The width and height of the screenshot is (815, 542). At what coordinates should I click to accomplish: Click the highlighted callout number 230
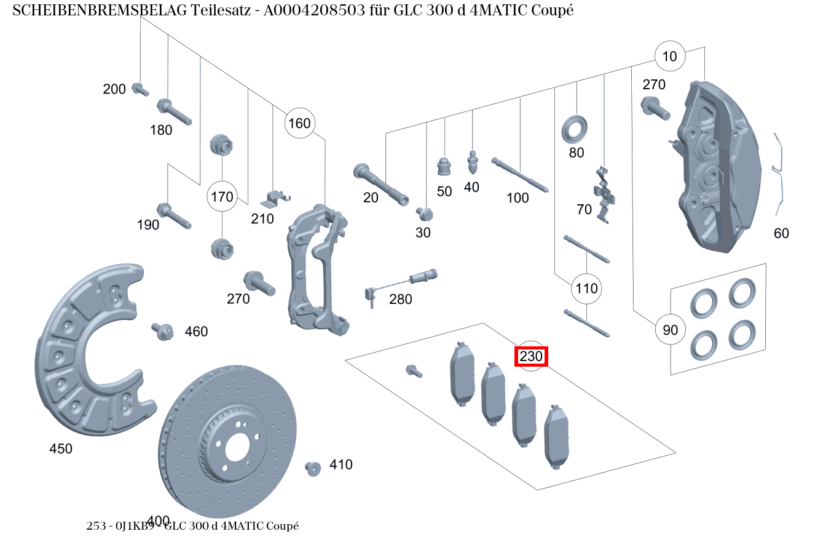[x=531, y=356]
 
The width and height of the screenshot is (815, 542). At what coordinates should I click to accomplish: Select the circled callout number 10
[x=669, y=57]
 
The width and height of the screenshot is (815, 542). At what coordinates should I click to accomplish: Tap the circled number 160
[x=299, y=124]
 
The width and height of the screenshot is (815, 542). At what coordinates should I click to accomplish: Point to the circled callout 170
[x=222, y=197]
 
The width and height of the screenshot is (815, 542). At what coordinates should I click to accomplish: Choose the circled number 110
[x=586, y=289]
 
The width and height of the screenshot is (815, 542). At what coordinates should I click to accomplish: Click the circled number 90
[x=670, y=330]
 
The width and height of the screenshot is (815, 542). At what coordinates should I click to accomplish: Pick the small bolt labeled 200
[x=140, y=89]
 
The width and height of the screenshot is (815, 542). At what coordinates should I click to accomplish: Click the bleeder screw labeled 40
[x=473, y=162]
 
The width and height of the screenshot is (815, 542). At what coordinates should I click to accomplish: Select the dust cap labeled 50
[x=444, y=167]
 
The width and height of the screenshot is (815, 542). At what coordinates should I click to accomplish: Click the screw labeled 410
[x=313, y=468]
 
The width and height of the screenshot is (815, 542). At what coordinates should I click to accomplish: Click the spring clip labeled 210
[x=275, y=198]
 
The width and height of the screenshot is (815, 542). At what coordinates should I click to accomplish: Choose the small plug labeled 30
[x=424, y=213]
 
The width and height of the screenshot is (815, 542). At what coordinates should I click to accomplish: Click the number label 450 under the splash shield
[x=61, y=449]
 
